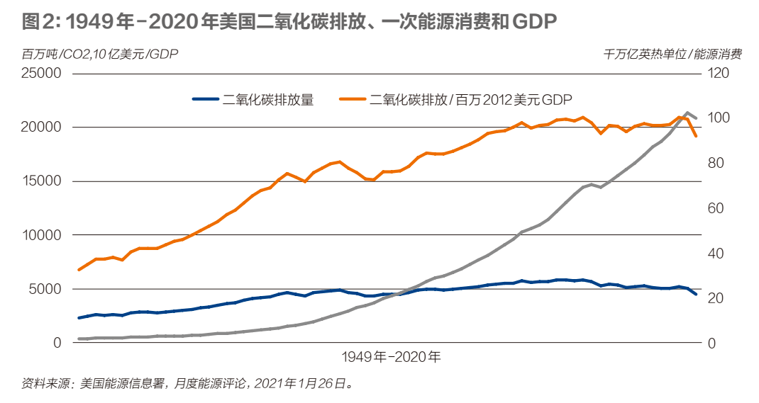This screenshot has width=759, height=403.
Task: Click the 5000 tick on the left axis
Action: (x=46, y=289)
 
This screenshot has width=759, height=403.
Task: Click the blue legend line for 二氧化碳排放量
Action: (x=206, y=100)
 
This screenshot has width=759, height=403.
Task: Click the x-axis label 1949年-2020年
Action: (x=391, y=356)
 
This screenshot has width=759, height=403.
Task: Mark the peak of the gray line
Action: (x=687, y=113)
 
